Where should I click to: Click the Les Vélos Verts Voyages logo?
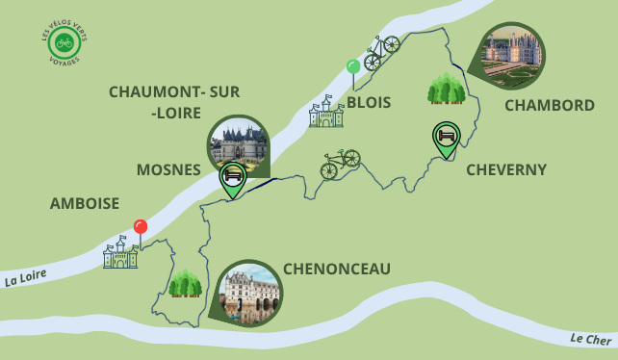(64, 43)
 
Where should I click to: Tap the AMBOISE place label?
(85, 203)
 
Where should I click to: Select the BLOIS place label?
(369, 102)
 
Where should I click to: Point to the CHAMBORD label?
(549, 105)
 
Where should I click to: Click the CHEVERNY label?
(505, 169)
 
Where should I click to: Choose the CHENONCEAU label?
(336, 269)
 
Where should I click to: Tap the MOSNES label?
(167, 169)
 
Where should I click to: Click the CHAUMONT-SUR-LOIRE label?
(174, 102)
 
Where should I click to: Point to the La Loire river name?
(26, 280)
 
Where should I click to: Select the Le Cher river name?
(590, 339)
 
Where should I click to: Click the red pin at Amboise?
(141, 228)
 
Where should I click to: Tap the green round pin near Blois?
(353, 66)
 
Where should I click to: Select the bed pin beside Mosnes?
(232, 177)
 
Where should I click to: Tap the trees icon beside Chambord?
(446, 89)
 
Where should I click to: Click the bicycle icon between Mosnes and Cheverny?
(340, 164)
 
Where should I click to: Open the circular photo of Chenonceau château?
(251, 293)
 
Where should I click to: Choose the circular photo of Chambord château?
(511, 55)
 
